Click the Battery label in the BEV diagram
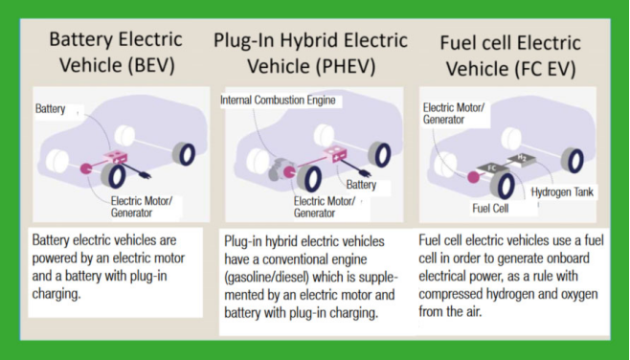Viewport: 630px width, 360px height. tap(50, 108)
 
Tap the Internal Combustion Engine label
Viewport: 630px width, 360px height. tap(278, 100)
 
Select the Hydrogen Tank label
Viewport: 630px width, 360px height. tap(562, 192)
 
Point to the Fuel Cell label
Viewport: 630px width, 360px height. tap(490, 208)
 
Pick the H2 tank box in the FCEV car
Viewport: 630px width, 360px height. tap(522, 158)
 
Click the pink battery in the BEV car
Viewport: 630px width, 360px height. tap(116, 157)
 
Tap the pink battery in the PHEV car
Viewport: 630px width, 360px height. tap(335, 153)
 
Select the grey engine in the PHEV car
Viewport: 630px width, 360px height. tap(279, 169)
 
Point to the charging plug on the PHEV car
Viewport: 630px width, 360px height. tap(365, 172)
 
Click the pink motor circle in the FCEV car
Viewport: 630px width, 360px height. tap(474, 177)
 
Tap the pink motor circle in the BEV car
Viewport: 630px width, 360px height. tap(86, 169)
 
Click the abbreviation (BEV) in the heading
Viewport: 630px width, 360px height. tap(151, 65)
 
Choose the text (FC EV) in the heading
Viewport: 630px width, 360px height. tap(545, 69)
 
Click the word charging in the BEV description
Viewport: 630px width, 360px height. tap(56, 294)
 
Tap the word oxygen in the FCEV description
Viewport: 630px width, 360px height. tap(577, 294)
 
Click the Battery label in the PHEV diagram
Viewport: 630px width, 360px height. tap(361, 185)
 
